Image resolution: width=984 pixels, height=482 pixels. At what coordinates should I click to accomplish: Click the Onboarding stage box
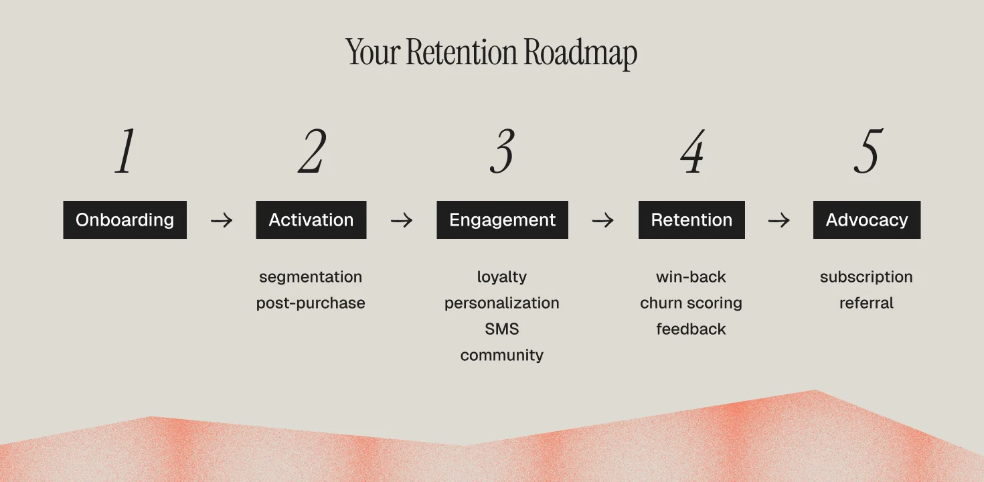(x=125, y=220)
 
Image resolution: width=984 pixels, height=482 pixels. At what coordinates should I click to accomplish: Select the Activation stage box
(x=311, y=220)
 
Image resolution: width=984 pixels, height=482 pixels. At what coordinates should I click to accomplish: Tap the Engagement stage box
(x=502, y=220)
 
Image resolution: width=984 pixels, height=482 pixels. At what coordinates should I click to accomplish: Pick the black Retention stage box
(x=691, y=220)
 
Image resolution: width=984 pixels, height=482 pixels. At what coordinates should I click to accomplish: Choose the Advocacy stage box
(x=866, y=220)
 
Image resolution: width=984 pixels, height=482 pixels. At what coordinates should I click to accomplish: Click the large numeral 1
(x=125, y=152)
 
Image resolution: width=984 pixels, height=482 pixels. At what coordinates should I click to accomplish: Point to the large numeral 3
(x=502, y=152)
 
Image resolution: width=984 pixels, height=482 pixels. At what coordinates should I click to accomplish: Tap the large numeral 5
(x=868, y=152)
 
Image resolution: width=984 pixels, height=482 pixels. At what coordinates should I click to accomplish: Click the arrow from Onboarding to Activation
(x=222, y=220)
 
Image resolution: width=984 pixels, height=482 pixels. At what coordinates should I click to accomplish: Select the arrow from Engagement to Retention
(x=602, y=220)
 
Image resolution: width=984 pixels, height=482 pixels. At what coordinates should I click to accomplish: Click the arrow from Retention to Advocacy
(x=778, y=220)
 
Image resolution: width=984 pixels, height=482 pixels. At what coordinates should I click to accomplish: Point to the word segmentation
(x=311, y=277)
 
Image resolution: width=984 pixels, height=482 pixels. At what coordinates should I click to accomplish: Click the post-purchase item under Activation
(x=311, y=303)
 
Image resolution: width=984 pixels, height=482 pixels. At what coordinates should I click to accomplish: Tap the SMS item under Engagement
(x=502, y=329)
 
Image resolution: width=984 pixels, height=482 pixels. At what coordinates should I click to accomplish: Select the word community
(x=502, y=355)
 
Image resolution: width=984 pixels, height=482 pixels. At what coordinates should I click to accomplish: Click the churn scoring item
(x=691, y=303)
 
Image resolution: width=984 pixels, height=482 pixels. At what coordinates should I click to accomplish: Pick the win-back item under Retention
(x=691, y=277)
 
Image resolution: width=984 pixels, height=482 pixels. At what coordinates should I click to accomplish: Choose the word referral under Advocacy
(x=866, y=303)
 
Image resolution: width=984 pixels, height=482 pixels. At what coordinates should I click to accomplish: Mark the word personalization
(x=502, y=303)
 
